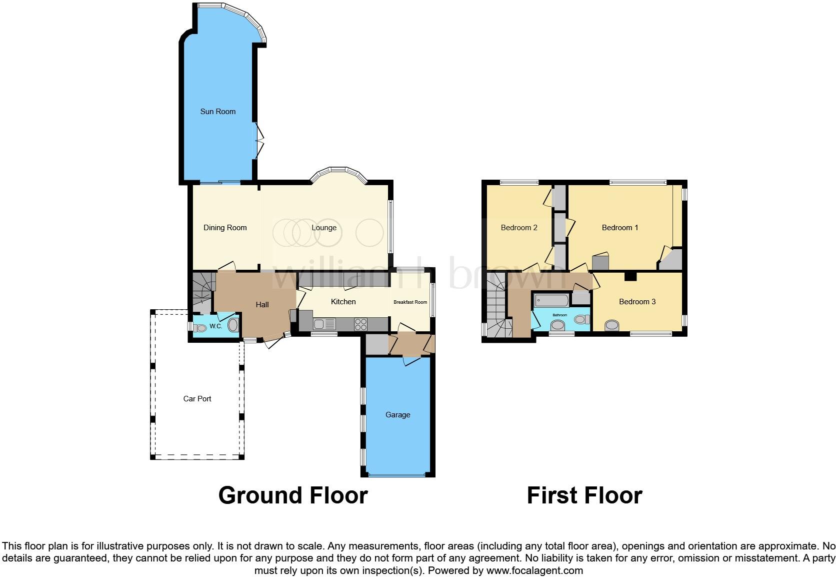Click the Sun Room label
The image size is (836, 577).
point(217,112)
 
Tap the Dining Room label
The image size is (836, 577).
point(225,228)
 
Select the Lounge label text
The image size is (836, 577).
point(324,228)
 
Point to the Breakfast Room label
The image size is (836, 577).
point(410,302)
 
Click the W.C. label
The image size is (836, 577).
point(215,326)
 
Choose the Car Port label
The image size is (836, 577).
point(197,399)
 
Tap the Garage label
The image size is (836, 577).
point(397,415)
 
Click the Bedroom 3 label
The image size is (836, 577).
point(637,302)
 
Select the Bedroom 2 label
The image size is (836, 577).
point(519,228)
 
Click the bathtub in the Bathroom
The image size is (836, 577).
point(551,301)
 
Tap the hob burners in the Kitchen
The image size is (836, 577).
point(360,324)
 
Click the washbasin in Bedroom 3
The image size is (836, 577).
point(611,326)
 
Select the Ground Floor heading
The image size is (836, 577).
point(293,495)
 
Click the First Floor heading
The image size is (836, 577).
point(584,495)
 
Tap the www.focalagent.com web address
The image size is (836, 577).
point(534,570)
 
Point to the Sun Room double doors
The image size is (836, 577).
point(258,140)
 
